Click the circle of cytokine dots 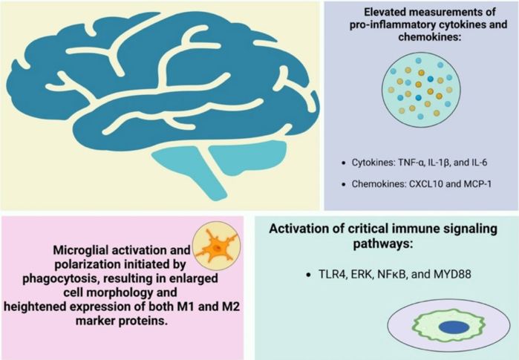(x=420, y=90)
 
